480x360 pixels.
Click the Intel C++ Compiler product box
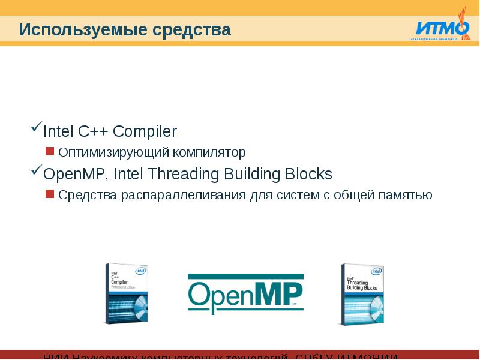click(x=126, y=294)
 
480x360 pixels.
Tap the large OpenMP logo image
click(x=245, y=294)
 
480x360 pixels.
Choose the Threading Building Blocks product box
click(x=362, y=295)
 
